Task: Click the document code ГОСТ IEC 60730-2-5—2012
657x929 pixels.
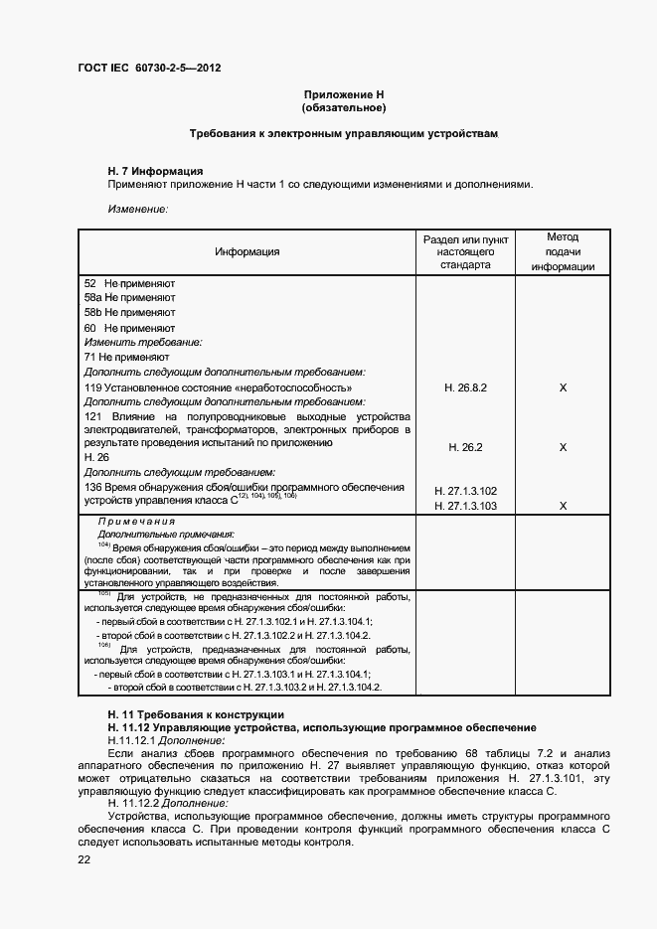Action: [x=149, y=69]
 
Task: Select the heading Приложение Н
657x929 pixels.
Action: [x=343, y=93]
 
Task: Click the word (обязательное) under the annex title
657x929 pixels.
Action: [x=343, y=106]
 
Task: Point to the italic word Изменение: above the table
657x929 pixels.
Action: [x=137, y=209]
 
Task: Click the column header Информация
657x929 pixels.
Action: [x=247, y=251]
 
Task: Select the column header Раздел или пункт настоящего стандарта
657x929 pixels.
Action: [x=464, y=252]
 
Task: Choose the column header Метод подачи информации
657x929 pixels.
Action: [x=563, y=252]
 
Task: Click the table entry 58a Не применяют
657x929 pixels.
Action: [x=129, y=297]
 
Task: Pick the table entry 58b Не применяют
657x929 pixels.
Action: [x=129, y=312]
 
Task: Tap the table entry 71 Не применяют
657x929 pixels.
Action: [x=127, y=356]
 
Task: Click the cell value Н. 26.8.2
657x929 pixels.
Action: [x=464, y=387]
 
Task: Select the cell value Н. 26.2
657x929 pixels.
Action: [x=464, y=447]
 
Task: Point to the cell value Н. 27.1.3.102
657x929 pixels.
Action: [x=464, y=491]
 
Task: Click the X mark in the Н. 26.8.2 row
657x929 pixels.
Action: [x=563, y=387]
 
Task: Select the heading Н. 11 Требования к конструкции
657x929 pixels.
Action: [x=196, y=714]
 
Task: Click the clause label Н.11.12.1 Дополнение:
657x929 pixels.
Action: [x=166, y=740]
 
